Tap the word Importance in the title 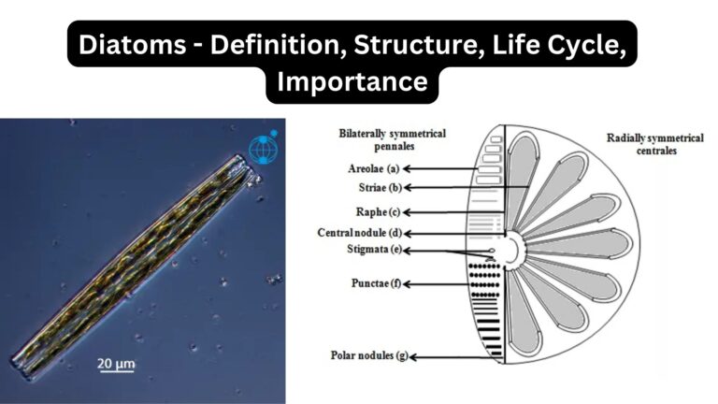point(352,81)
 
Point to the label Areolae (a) point(367,169)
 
